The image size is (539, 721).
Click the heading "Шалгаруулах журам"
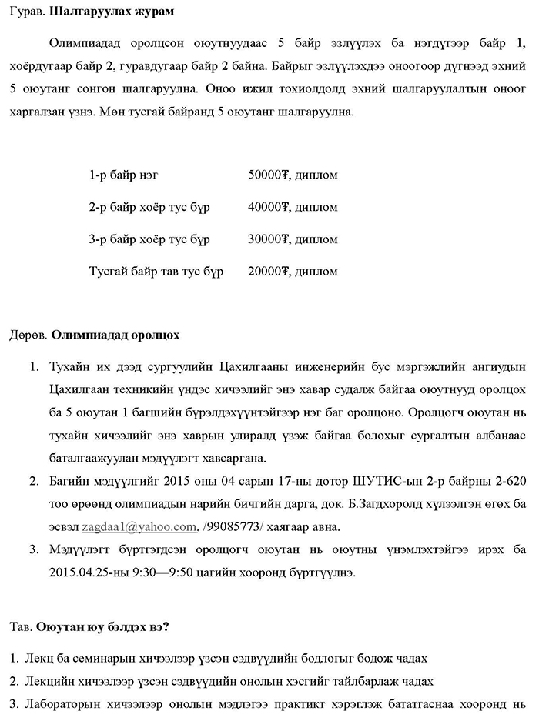(x=111, y=12)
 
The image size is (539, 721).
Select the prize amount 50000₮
(x=267, y=175)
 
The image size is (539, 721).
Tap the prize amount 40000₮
(x=267, y=208)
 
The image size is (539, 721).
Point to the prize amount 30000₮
(x=267, y=239)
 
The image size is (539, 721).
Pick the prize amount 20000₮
(x=267, y=272)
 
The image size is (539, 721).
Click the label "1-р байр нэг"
(x=124, y=175)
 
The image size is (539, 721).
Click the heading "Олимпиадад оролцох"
(x=115, y=335)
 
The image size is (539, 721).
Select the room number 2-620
(x=507, y=482)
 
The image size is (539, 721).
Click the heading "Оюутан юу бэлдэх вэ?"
(x=102, y=627)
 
